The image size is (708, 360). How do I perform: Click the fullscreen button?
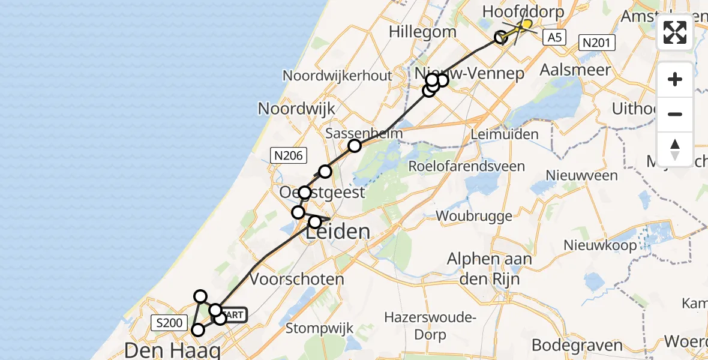[x=675, y=32]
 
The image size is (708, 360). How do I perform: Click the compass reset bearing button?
[x=675, y=149]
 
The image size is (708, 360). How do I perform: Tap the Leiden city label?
[x=337, y=232]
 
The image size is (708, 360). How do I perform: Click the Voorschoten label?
[x=297, y=279]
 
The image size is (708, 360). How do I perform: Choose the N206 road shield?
[x=289, y=156]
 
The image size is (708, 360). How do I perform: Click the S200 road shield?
[x=168, y=323]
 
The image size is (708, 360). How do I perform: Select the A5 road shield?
[x=554, y=37]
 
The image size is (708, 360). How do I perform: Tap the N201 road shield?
[x=597, y=42]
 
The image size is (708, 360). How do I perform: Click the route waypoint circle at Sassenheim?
[x=355, y=146]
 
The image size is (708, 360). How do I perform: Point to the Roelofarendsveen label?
[x=466, y=166]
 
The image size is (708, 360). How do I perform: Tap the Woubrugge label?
[x=474, y=215]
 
